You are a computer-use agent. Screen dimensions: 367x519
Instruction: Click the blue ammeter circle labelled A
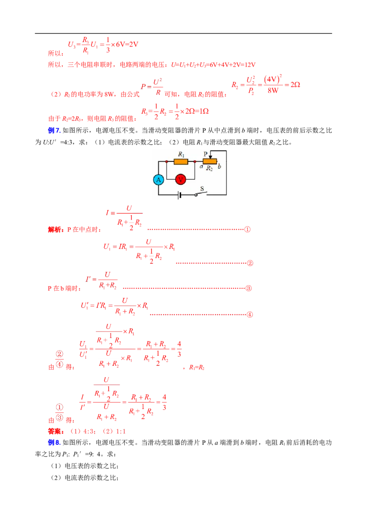tap(158, 180)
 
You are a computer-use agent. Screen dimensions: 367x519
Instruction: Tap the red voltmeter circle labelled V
tap(181, 180)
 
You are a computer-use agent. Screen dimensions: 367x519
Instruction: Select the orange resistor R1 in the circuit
tap(181, 161)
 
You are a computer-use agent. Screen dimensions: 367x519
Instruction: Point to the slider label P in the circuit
tap(206, 154)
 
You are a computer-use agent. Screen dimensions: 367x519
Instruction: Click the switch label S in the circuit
tap(202, 189)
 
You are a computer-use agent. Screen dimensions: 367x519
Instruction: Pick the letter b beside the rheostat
tap(219, 166)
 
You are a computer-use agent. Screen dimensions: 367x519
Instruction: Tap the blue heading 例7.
tap(54, 130)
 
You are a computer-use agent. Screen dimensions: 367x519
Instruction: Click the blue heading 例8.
tap(54, 442)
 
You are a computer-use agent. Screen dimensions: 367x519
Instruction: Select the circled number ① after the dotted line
tap(247, 229)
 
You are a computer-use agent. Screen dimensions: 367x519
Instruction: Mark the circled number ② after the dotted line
tap(250, 263)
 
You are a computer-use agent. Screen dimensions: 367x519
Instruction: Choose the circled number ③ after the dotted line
tap(249, 288)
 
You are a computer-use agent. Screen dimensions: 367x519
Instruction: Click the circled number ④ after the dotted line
tap(250, 315)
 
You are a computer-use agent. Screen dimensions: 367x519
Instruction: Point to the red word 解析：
tap(56, 229)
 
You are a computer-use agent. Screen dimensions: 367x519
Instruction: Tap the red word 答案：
tap(56, 431)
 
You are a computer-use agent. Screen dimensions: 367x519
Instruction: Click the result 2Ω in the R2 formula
tap(295, 85)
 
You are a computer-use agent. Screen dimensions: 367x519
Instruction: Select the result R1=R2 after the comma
tap(197, 367)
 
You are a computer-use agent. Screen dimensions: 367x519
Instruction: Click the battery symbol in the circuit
tap(179, 195)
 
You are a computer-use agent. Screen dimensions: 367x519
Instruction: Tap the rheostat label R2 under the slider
tap(209, 168)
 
